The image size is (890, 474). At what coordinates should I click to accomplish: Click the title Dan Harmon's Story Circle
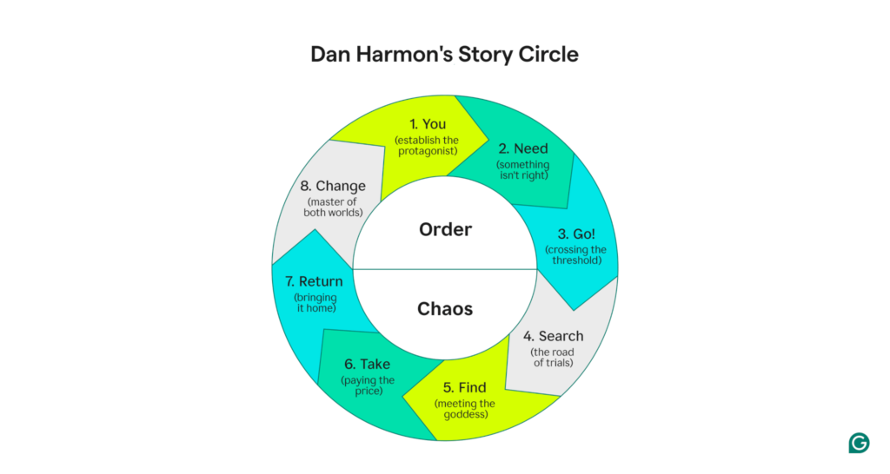point(444,54)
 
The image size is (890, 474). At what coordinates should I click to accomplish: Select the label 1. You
point(427,124)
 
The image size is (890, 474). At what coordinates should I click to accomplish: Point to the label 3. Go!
point(575,234)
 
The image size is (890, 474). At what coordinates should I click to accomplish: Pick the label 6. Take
point(368,365)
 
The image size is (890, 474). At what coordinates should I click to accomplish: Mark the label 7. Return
point(313,281)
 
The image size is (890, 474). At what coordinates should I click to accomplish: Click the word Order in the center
point(445,229)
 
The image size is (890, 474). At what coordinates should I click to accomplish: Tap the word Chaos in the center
point(445,308)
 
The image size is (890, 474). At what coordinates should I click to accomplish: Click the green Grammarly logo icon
point(859,443)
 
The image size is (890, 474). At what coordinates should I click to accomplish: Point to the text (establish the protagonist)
point(427,146)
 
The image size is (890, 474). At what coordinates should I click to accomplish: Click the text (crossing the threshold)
point(575,255)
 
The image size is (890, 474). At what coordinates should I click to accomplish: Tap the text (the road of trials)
point(553,358)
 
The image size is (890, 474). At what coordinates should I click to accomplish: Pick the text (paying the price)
point(368,386)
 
